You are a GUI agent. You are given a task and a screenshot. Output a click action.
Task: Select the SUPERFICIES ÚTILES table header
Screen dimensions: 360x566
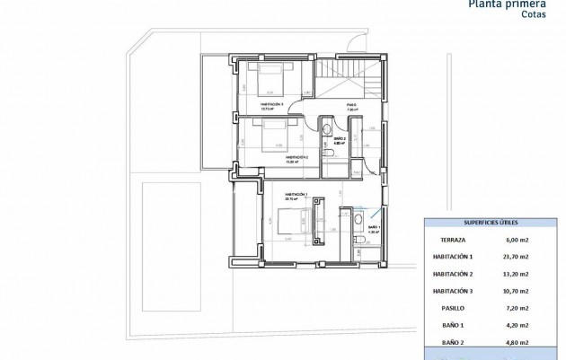(x=491, y=222)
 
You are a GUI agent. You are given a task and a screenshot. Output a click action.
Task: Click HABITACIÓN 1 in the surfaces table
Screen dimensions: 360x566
(x=453, y=257)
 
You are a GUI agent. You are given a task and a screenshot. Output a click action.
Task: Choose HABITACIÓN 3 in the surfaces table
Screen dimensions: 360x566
(x=453, y=292)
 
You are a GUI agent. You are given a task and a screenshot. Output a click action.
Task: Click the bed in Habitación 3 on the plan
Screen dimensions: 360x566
(x=270, y=81)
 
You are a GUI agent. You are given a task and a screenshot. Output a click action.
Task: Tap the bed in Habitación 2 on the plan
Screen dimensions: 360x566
(x=269, y=136)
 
